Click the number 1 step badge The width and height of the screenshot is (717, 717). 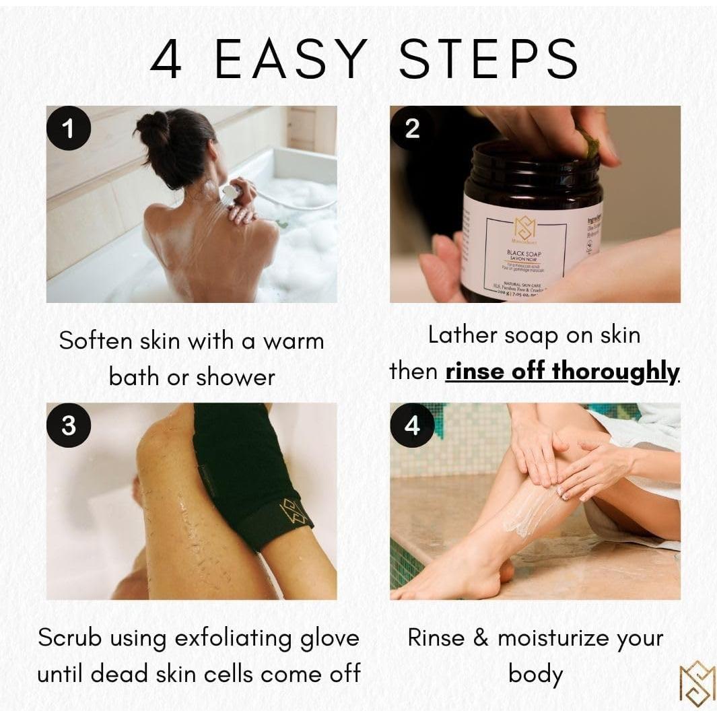(68, 128)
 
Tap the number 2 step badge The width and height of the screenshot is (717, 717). (412, 128)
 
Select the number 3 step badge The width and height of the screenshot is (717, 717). (68, 425)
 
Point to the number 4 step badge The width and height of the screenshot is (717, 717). (412, 425)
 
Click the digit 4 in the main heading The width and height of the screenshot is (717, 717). (166, 59)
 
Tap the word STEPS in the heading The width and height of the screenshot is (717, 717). (488, 59)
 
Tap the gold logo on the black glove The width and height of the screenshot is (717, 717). (295, 512)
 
